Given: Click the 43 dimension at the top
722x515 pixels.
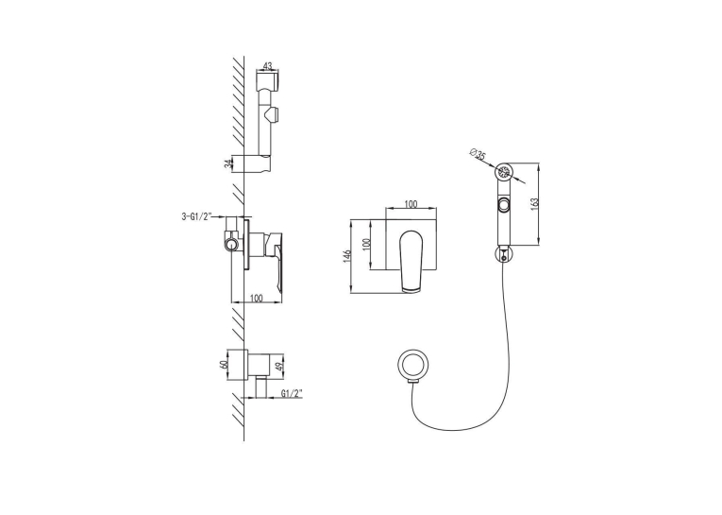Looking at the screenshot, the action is [x=267, y=65].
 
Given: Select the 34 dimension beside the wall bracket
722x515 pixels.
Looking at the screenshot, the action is [x=227, y=163].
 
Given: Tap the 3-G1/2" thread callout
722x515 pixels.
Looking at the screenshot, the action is [x=196, y=215].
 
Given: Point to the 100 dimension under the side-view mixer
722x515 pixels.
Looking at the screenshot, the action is [x=256, y=299].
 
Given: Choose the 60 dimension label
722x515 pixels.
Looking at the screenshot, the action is [x=225, y=363].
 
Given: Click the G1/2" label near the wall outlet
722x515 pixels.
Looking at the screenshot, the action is [x=292, y=393].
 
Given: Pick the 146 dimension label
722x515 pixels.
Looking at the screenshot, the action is [x=347, y=256].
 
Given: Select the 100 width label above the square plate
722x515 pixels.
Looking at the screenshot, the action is [x=411, y=203].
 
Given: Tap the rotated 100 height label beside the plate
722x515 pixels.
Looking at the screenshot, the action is [x=366, y=245].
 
